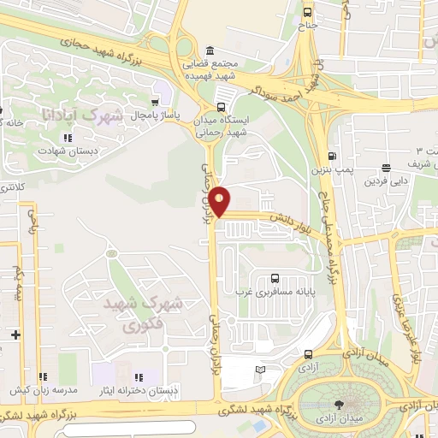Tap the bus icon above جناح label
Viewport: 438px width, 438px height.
tap(307, 12)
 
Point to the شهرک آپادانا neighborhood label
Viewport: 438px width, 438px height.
tap(96, 115)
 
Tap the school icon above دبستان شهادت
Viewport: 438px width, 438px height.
tap(66, 137)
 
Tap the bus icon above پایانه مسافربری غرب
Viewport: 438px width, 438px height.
tap(274, 278)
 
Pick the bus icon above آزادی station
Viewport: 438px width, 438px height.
tap(308, 353)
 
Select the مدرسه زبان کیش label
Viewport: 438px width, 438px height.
tap(43, 389)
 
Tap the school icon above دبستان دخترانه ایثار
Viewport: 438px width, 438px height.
tap(137, 377)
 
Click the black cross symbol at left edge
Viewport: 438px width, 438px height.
tap(15, 334)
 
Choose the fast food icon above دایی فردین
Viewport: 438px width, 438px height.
tap(387, 168)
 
